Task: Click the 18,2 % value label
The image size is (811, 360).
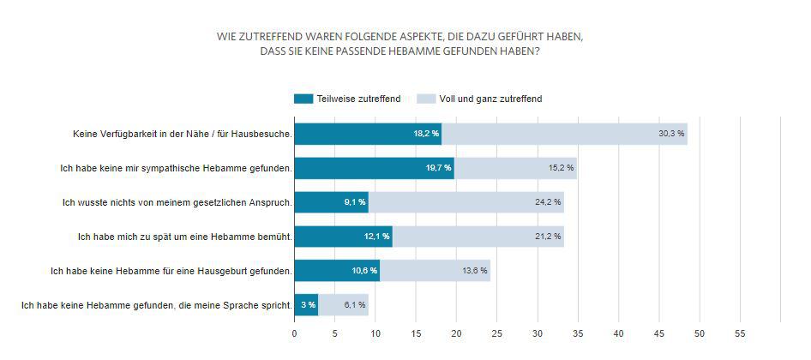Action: [x=426, y=134]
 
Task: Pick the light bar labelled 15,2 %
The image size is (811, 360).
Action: [x=515, y=168]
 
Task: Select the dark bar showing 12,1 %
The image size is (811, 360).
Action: [x=343, y=237]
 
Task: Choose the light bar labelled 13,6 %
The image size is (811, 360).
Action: [x=435, y=271]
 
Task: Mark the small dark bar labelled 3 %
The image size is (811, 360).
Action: [x=306, y=305]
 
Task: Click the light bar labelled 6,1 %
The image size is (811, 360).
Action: [x=343, y=305]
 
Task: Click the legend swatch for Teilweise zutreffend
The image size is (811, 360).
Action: [x=303, y=99]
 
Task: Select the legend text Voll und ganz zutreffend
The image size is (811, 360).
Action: [x=490, y=99]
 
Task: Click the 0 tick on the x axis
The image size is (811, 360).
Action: [x=294, y=333]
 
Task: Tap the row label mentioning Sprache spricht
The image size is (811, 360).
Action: [x=157, y=305]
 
